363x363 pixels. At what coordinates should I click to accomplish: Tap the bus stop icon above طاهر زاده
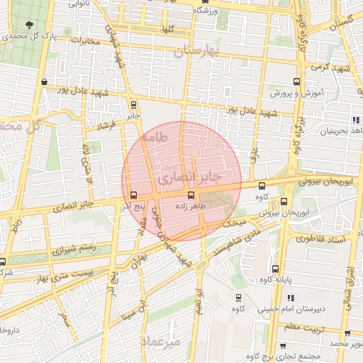click(190, 194)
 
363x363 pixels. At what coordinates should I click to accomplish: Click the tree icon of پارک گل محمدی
click(28, 25)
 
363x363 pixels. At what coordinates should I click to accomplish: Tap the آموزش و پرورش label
click(297, 93)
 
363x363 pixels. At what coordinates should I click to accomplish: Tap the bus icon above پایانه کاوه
click(275, 269)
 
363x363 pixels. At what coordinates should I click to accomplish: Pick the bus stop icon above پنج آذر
click(134, 195)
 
